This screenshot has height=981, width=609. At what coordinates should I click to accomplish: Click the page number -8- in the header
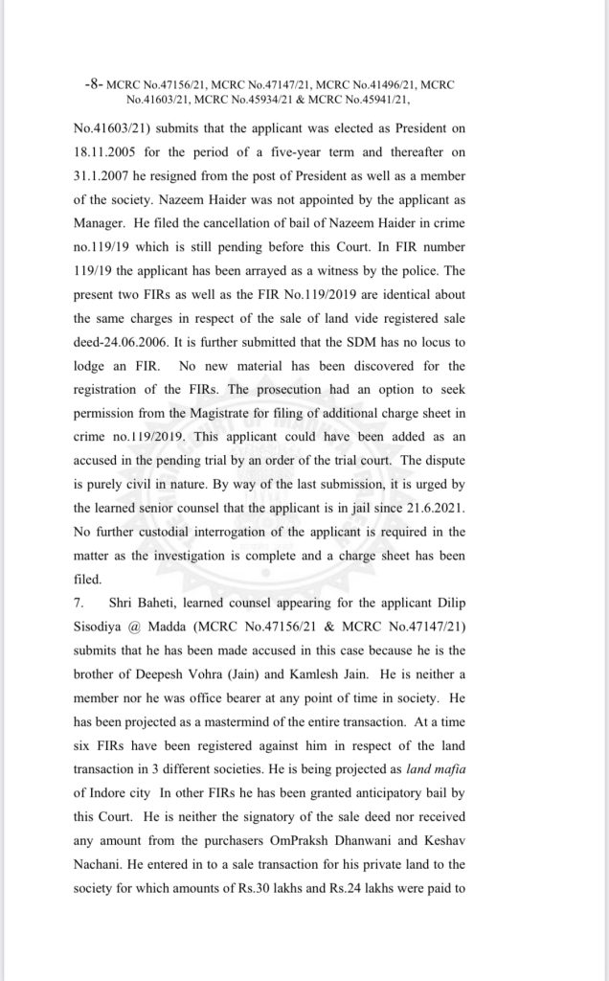click(x=92, y=84)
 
